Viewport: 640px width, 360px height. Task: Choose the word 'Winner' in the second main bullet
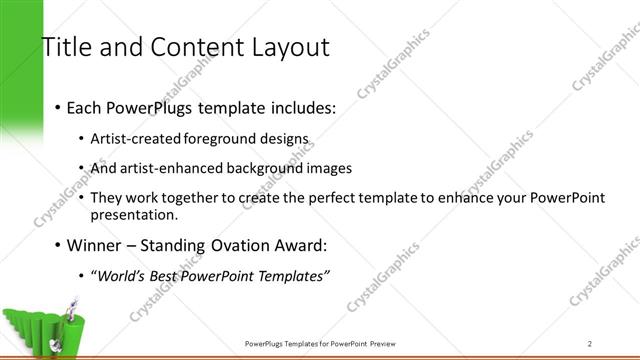pyautogui.click(x=95, y=245)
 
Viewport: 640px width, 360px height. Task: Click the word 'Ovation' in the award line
pyautogui.click(x=235, y=245)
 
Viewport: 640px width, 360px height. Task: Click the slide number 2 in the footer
pyautogui.click(x=590, y=342)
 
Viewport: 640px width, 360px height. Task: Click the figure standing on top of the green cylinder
pyautogui.click(x=72, y=304)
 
